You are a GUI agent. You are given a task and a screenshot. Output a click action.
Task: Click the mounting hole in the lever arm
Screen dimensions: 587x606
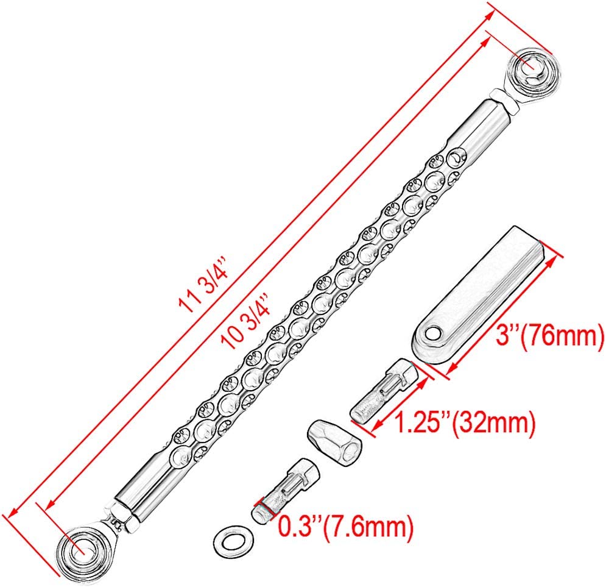point(433,333)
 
